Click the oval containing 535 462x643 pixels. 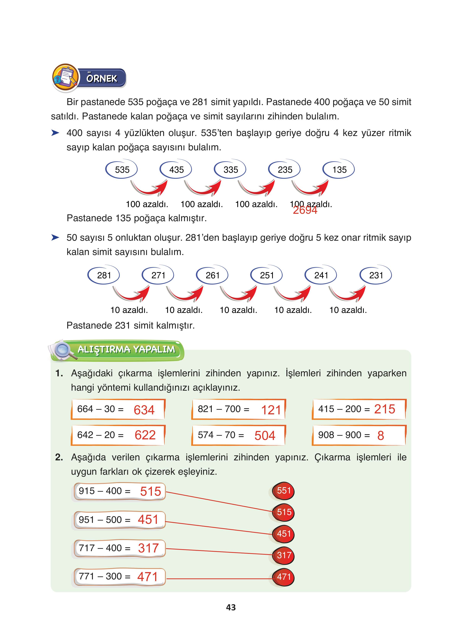(122, 170)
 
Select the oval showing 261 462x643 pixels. (212, 275)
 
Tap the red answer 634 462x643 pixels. (144, 410)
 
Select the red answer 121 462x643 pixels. (271, 410)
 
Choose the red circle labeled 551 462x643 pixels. (284, 491)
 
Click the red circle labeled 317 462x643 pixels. (284, 555)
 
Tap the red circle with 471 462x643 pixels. (284, 577)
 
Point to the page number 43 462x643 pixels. (231, 607)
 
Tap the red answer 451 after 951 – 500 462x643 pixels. (148, 519)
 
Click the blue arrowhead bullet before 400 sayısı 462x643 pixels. (55, 133)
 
